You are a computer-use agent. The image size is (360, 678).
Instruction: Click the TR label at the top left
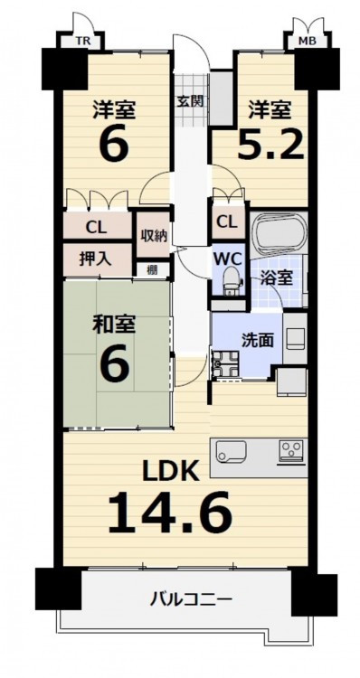coord(81,42)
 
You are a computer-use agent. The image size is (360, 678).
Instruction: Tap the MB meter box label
coord(308,42)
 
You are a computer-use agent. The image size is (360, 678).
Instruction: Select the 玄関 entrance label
coord(190,101)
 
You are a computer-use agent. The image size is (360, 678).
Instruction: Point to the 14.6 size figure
coord(170,513)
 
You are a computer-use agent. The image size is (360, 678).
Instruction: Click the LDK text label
coord(172,470)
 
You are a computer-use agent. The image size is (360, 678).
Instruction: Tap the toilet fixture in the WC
coord(230,280)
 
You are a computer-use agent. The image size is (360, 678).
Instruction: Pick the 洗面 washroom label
coord(257,341)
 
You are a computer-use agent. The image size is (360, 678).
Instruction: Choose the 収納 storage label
coord(153,237)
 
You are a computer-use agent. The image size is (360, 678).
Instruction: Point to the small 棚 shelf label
coord(152,270)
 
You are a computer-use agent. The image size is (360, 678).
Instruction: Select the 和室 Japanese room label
coord(114,325)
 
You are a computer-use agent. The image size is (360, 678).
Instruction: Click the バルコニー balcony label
coord(190,599)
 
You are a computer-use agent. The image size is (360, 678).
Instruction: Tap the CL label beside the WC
coord(227,223)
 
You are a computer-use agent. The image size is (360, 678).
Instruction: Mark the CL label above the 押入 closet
coord(96,227)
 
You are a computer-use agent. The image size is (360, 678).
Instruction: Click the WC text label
coord(226,259)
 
